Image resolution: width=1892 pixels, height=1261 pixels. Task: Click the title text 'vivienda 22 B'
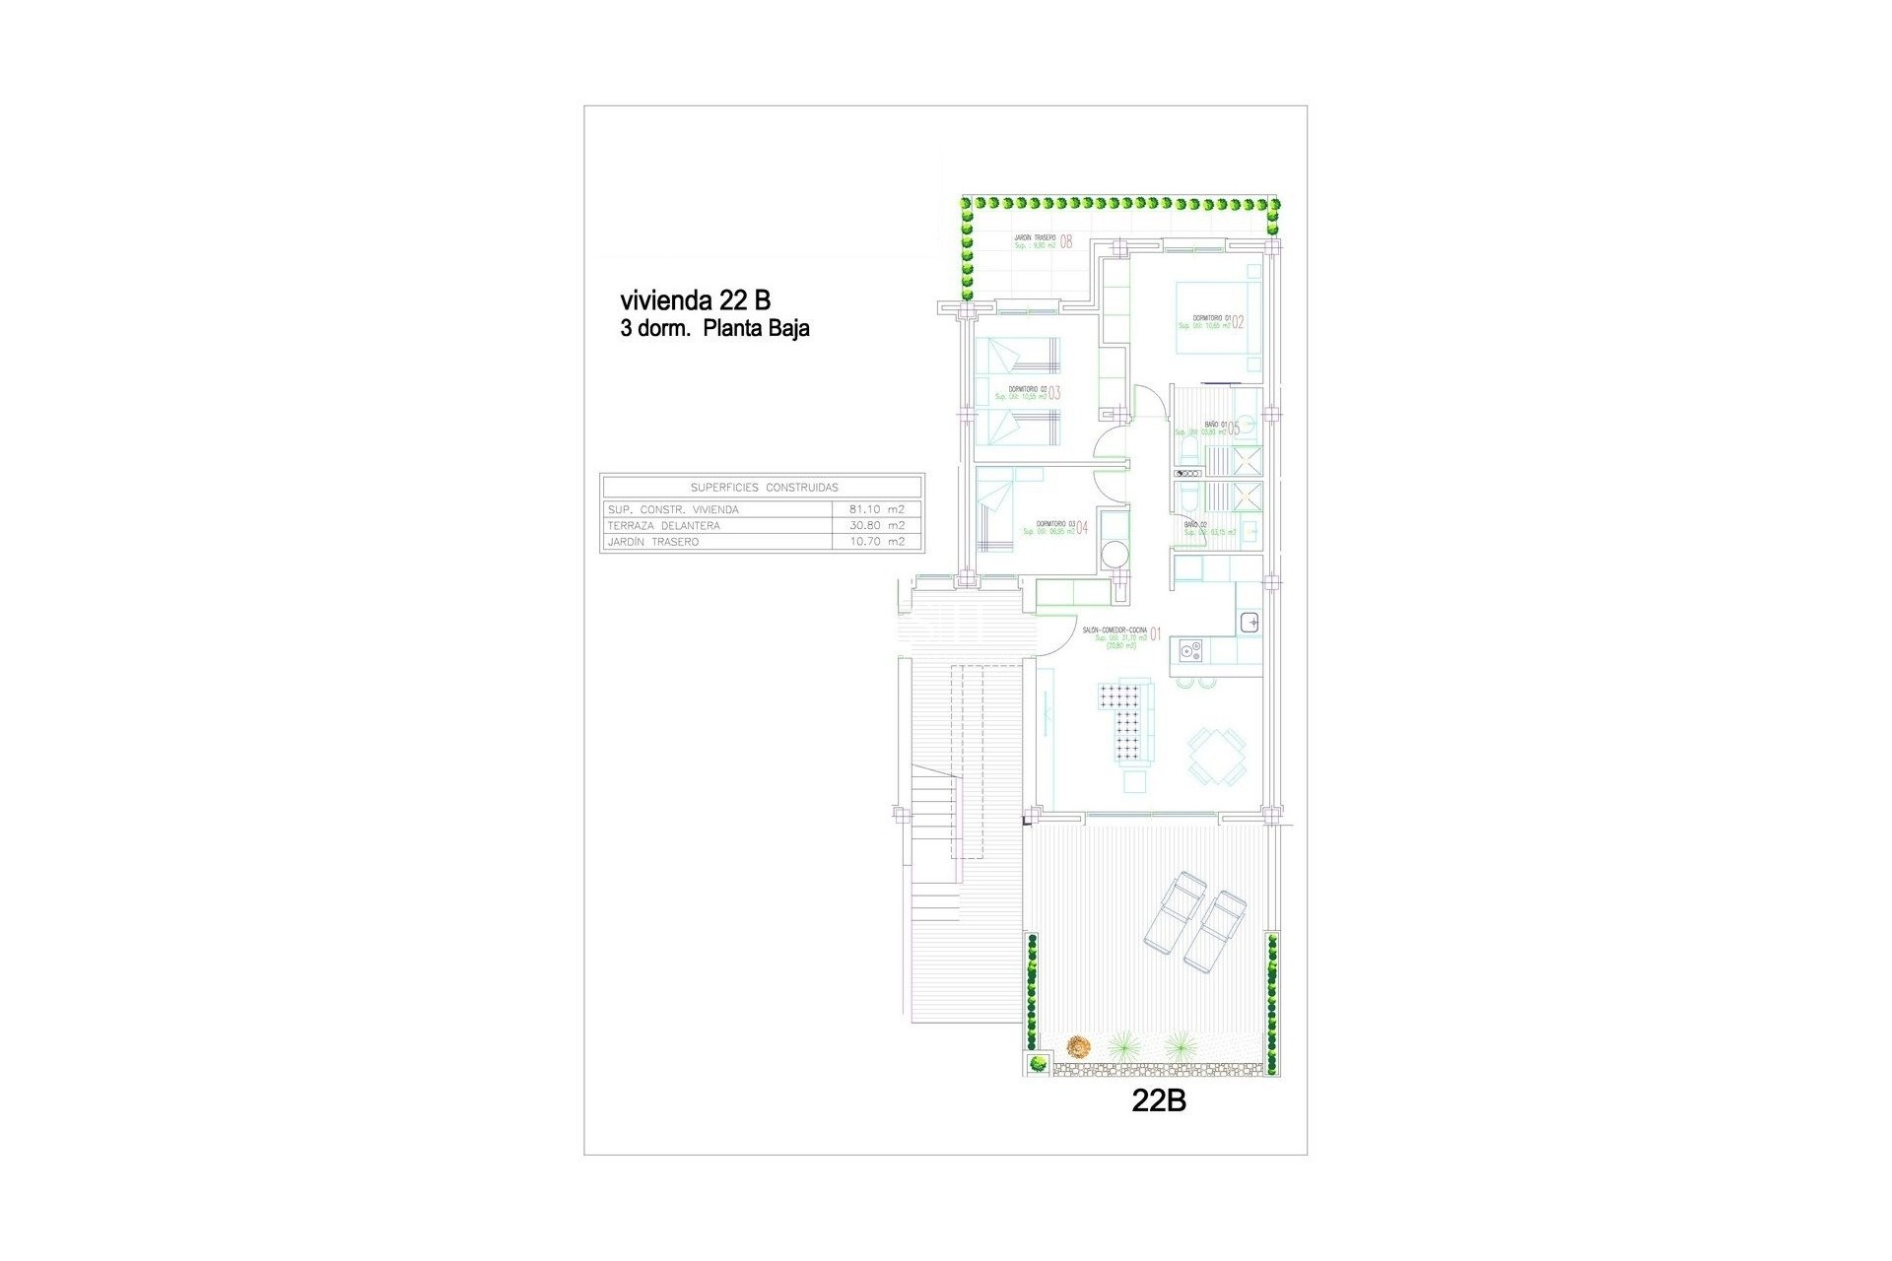tap(695, 299)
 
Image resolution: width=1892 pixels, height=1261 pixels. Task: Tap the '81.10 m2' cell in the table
tap(876, 509)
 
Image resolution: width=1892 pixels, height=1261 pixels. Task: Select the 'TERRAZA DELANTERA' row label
tap(663, 526)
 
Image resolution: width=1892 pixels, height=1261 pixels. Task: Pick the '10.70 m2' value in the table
tap(876, 542)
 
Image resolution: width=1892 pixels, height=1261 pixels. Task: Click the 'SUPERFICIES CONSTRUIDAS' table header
tap(764, 487)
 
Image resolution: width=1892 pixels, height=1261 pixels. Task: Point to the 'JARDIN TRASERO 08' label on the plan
tap(1043, 241)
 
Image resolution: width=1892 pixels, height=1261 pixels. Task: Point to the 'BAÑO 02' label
tap(1195, 525)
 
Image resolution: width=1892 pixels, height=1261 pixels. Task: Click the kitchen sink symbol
tap(1249, 623)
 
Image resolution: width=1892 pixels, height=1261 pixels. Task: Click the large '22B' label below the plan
tap(1158, 1101)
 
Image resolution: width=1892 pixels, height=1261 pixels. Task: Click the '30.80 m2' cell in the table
tap(876, 526)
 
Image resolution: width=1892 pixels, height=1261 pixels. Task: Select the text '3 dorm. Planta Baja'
tap(714, 329)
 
